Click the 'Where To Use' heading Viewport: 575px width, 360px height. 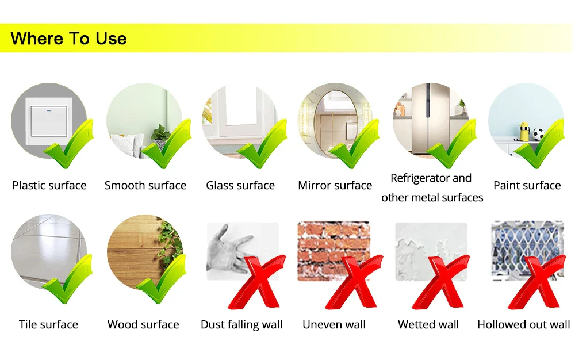coord(68,38)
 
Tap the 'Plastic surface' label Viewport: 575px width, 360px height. coord(49,185)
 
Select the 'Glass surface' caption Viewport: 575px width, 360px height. coord(240,185)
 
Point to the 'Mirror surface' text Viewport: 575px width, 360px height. coord(335,185)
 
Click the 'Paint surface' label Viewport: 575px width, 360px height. coord(527,185)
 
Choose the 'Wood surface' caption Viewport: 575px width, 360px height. coord(143,324)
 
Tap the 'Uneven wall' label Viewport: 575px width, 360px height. coord(334,324)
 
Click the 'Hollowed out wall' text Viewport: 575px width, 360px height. coord(524,324)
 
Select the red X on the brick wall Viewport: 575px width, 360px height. coord(354,282)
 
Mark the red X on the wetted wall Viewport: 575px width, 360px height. coord(441,282)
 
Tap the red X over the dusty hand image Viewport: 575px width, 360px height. coord(256,282)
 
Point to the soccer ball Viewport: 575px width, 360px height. coord(538,135)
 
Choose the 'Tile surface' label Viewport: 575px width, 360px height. coord(48,324)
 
